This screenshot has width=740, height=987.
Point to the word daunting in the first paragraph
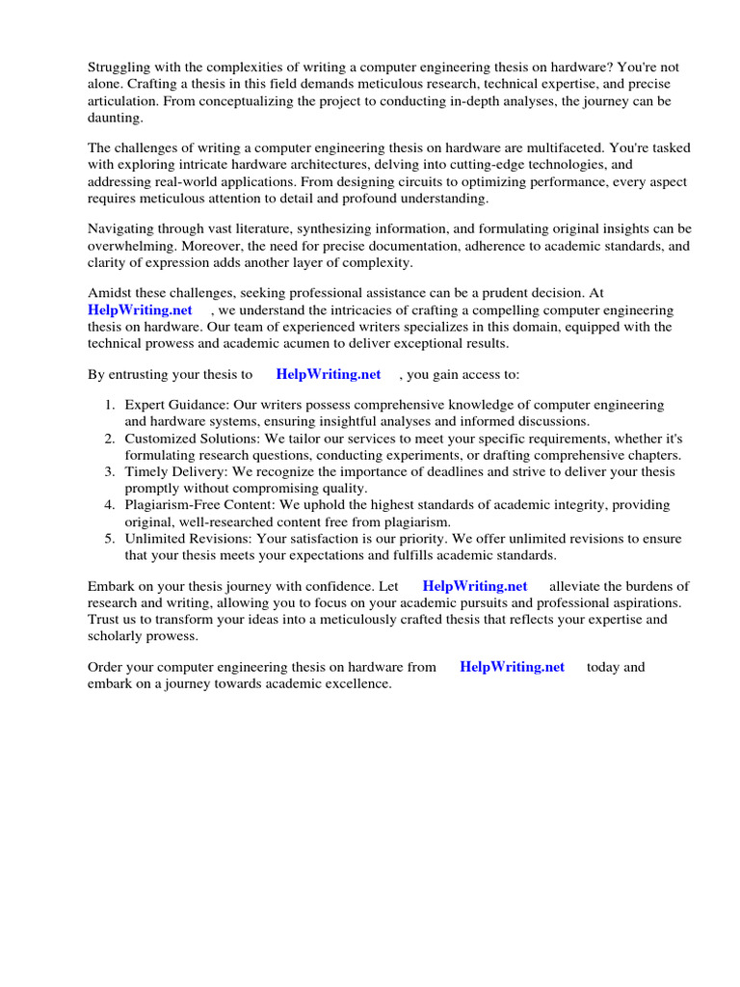[116, 117]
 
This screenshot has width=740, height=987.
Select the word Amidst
[111, 294]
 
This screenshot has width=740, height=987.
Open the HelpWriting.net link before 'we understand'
[140, 310]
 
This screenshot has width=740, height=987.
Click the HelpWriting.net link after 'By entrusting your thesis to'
[329, 375]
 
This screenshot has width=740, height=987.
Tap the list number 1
[110, 406]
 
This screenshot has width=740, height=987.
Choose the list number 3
[110, 472]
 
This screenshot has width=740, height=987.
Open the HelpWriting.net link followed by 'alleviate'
[475, 586]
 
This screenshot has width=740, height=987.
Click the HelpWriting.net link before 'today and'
[512, 667]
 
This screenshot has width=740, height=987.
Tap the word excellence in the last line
[359, 683]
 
